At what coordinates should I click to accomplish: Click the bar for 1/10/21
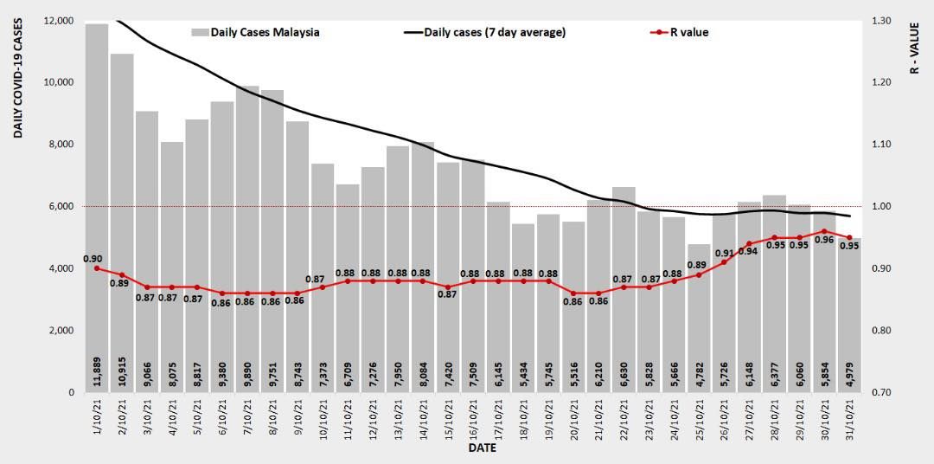97,208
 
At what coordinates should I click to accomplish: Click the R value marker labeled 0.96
824,231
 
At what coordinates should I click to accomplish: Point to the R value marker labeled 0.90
96,268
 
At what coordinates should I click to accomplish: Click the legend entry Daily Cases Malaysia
255,32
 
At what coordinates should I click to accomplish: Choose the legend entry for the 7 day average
484,32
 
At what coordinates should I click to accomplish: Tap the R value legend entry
679,32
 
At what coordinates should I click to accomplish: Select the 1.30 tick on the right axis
885,21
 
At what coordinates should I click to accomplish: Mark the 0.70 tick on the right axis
885,393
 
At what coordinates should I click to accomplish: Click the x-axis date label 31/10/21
849,417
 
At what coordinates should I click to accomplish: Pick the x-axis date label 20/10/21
573,417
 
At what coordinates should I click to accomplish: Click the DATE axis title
482,449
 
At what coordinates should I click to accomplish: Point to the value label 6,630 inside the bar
624,374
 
